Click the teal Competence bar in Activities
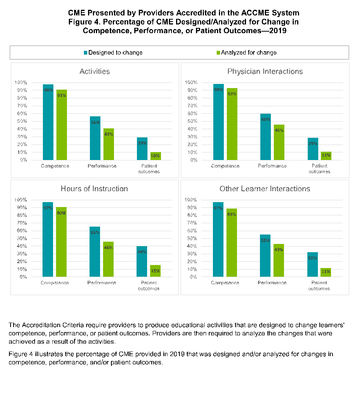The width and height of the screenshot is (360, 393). pos(48,122)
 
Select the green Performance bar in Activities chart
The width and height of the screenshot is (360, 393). pos(108,144)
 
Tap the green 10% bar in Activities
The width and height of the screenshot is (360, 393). pos(155,156)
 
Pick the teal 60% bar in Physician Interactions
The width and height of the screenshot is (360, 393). pos(265,137)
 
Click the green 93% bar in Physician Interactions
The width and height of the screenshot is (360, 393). pos(232,124)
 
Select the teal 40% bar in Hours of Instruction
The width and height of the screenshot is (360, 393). pos(142,262)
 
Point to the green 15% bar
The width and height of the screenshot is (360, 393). pos(155,271)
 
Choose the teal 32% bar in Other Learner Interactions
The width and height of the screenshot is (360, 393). pos(313,265)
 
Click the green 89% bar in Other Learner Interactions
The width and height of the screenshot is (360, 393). pos(232,243)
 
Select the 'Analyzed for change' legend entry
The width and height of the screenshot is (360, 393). pos(249,53)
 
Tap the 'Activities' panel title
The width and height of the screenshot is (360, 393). pos(95,72)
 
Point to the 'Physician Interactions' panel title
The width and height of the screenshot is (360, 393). pos(265,72)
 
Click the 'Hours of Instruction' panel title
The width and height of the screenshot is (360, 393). pos(94,189)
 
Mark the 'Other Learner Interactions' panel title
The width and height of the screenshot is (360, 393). pos(265,189)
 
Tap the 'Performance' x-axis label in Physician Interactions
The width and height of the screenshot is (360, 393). pos(272,166)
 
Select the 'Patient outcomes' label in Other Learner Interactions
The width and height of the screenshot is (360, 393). pos(319,286)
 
